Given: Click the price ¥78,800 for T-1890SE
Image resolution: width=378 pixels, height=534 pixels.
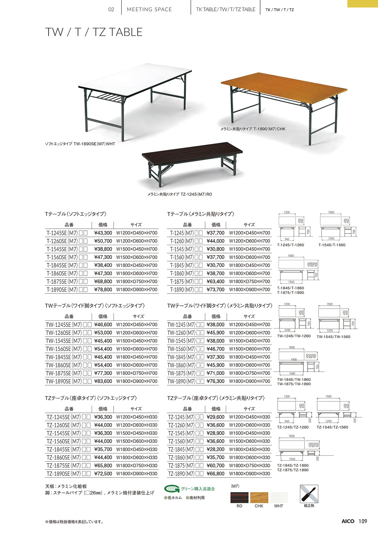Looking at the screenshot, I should (103, 289).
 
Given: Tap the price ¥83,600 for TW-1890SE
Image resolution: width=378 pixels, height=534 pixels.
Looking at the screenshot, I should (103, 381).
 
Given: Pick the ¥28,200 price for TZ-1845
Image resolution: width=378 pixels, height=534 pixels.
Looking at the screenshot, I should (215, 449).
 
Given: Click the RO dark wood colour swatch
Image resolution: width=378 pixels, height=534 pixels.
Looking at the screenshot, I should (239, 497).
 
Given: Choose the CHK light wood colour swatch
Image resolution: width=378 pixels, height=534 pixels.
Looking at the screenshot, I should (259, 497).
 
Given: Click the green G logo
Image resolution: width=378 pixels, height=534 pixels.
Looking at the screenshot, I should (172, 489).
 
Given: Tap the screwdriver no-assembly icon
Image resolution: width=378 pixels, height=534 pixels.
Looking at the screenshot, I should (309, 494).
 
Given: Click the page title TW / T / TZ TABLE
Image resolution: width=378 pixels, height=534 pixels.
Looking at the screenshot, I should (94, 32).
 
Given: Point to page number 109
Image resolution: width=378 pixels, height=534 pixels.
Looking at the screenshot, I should (363, 521).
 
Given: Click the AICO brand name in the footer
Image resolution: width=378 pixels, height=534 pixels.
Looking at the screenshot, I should (348, 521).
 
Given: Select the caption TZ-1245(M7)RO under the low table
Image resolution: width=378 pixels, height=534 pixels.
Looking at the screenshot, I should (180, 194).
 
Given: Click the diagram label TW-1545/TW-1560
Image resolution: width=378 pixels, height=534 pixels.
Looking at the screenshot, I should (333, 337).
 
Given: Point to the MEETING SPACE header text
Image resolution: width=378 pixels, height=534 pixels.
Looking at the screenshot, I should (149, 9).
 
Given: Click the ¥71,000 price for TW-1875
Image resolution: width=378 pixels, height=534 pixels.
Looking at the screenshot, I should (215, 373).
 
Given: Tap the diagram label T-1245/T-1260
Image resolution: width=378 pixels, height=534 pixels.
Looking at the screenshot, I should (290, 245).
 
